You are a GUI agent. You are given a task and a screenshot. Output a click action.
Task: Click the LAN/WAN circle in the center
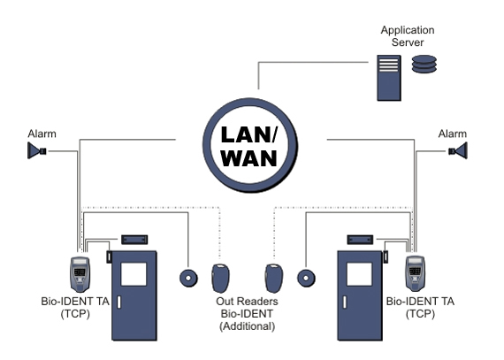coord(250,145)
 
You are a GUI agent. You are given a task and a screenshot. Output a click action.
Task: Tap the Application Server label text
coord(408,36)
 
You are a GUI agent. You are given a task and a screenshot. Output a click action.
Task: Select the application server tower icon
coord(389,78)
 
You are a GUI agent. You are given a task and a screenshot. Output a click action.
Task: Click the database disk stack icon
coord(424,64)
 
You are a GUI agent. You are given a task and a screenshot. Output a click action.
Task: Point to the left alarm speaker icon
coord(37,150)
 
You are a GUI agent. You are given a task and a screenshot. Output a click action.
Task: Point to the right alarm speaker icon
coord(458,150)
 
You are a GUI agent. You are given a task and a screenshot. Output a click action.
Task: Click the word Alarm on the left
coord(42,134)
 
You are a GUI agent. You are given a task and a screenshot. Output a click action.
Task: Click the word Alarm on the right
coord(453,134)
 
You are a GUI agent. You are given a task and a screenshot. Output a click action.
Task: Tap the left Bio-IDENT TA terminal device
coord(80,274)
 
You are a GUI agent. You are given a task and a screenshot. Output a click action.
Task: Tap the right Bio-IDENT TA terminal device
coord(416,273)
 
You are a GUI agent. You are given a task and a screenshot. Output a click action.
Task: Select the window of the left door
coord(134,274)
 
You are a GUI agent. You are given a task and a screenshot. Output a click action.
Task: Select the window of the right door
coord(360,274)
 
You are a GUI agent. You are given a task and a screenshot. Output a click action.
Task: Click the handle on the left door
coord(119,303)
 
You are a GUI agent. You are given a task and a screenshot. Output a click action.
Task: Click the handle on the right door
coord(345,303)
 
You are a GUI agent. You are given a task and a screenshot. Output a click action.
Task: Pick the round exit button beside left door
coord(188,278)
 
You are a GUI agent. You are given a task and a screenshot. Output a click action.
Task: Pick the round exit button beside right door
coord(306,278)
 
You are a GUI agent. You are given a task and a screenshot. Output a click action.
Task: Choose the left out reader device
coord(220,278)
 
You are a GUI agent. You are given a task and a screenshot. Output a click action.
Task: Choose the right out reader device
coord(274,279)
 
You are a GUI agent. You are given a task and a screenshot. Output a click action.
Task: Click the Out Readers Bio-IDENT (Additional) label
coord(248,314)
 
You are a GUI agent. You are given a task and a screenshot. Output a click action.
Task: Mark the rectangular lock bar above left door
coord(134,240)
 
